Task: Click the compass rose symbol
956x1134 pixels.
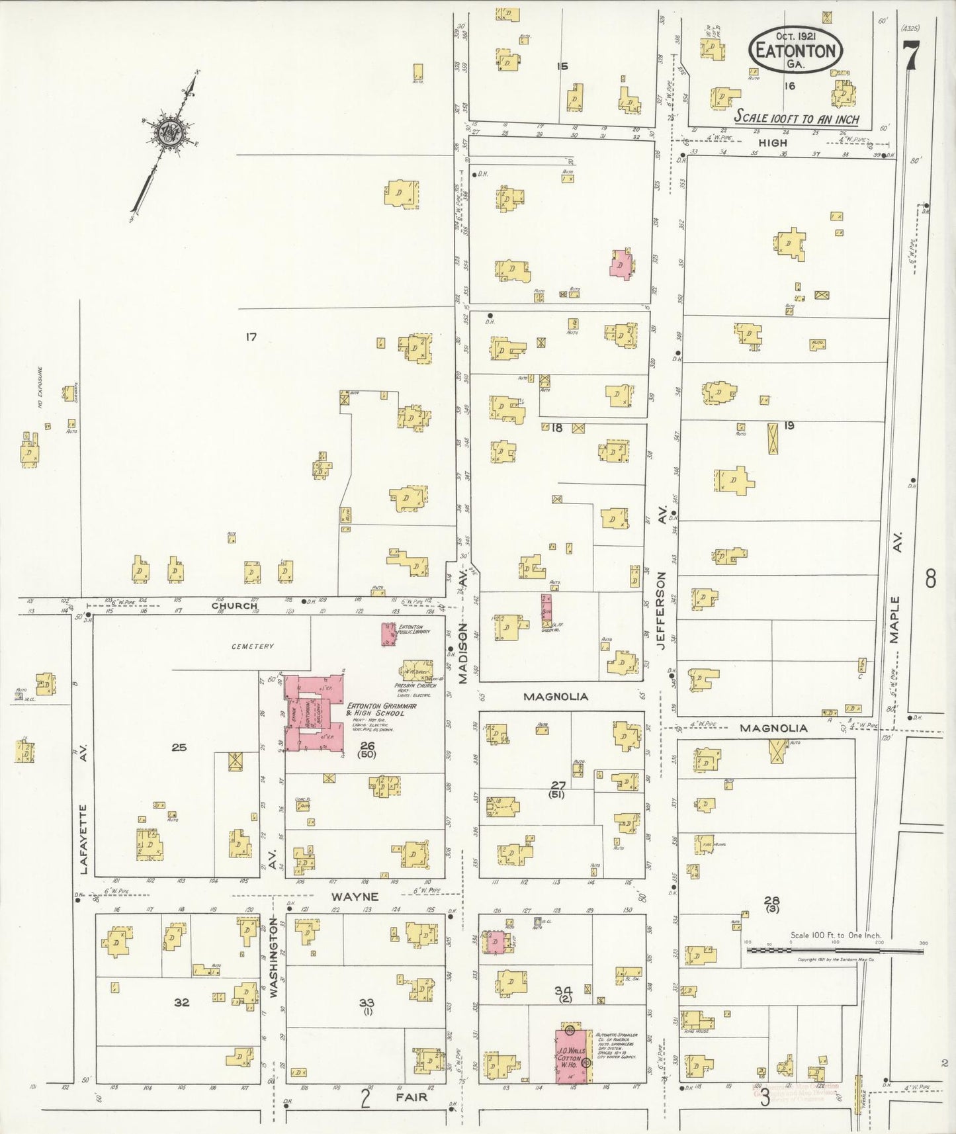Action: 166,132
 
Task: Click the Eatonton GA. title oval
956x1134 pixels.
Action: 796,50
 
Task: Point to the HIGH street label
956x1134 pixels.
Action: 772,142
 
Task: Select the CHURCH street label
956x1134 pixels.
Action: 234,605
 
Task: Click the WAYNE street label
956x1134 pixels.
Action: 355,897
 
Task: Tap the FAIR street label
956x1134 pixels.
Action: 412,1096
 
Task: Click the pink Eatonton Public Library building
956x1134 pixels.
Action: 388,633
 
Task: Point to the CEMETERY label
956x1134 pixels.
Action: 252,646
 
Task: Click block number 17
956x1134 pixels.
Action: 251,337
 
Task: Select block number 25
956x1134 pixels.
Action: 179,748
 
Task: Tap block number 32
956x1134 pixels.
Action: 181,1002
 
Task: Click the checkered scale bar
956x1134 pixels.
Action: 835,950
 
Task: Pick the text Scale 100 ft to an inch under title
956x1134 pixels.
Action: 797,118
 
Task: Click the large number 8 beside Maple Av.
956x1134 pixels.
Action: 930,579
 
